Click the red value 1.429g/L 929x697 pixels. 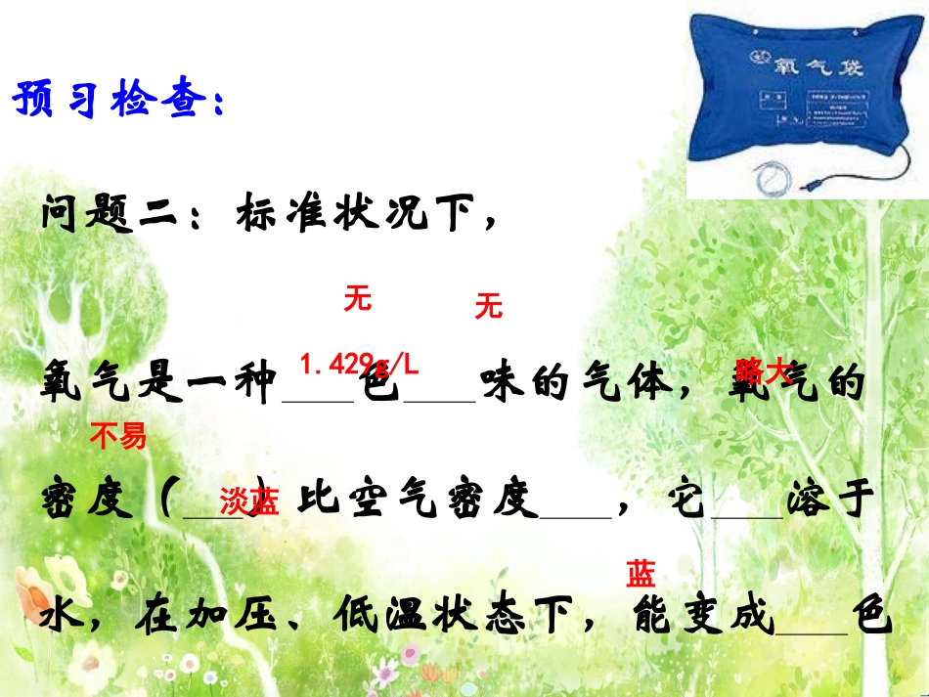359,366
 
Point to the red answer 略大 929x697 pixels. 762,370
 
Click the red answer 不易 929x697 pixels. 117,436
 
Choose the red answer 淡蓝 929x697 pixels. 249,501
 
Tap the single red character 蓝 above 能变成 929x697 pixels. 641,574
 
